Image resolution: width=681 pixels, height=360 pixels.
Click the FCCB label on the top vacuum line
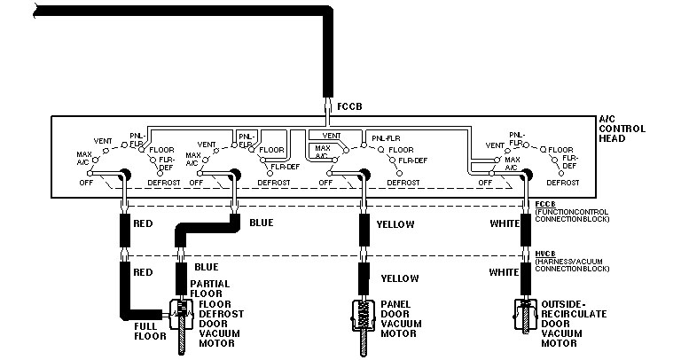coord(349,106)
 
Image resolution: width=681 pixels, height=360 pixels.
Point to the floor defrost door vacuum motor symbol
coord(182,319)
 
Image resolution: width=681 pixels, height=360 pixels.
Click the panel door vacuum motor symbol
coord(364,319)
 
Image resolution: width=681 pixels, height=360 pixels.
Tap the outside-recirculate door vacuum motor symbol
coord(525,319)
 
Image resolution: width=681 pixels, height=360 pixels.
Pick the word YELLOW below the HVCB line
coord(399,278)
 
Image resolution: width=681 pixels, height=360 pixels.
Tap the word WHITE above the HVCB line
coord(505,224)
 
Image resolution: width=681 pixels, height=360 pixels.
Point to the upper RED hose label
coord(144,224)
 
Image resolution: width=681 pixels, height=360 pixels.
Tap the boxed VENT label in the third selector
coord(333,136)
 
